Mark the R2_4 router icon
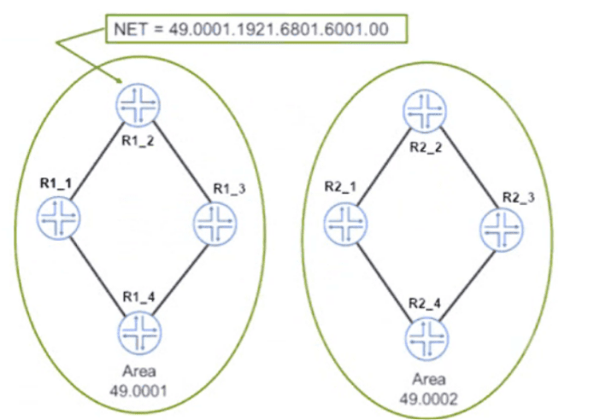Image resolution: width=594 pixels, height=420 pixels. point(426,335)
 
